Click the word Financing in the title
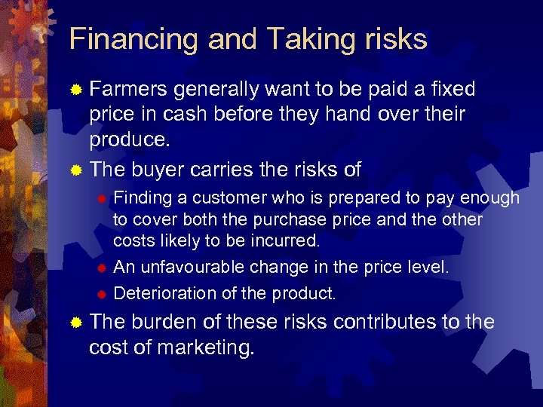131,39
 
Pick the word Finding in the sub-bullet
142,198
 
